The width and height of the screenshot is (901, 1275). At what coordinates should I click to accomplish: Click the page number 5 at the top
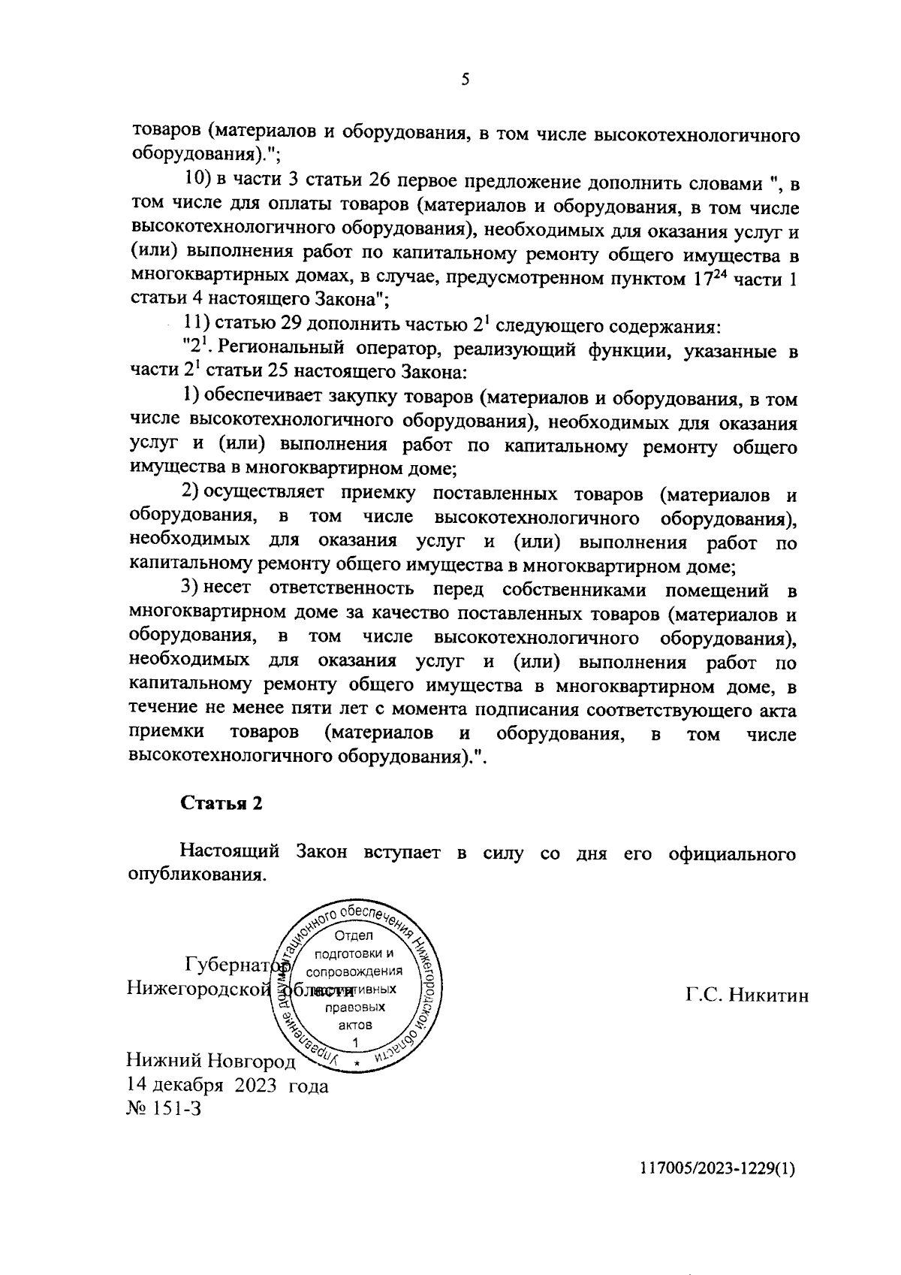pos(465,80)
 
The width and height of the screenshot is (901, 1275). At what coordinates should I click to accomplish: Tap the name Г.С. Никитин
pos(746,996)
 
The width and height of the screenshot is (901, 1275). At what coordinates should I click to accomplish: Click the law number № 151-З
pos(164,1109)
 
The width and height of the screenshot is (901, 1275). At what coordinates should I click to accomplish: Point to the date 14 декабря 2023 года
pos(228,1086)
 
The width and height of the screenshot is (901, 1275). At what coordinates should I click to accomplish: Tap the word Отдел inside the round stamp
pos(357,936)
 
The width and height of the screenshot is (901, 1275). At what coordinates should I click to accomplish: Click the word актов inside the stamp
pos(355,1025)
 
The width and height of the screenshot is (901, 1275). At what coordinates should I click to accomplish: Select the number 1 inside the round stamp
pos(355,1041)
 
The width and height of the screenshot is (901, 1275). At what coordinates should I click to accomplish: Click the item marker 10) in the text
pos(197,183)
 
